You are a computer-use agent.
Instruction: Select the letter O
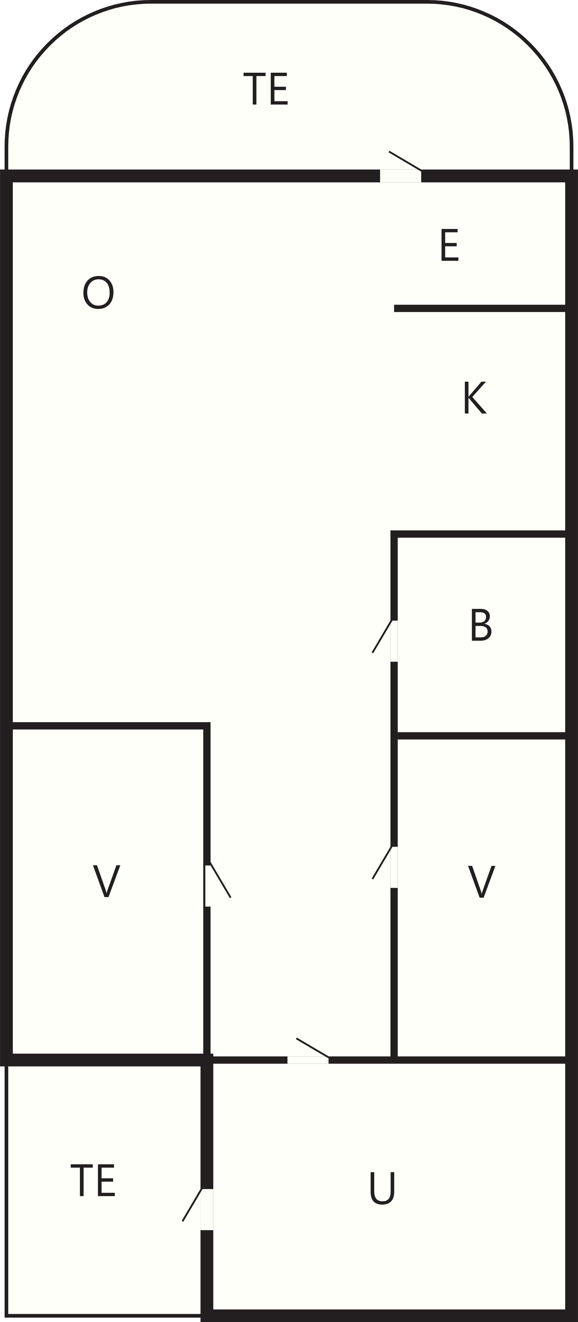[98, 293]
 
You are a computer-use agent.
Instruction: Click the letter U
[382, 1188]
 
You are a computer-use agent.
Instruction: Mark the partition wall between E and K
[480, 308]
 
